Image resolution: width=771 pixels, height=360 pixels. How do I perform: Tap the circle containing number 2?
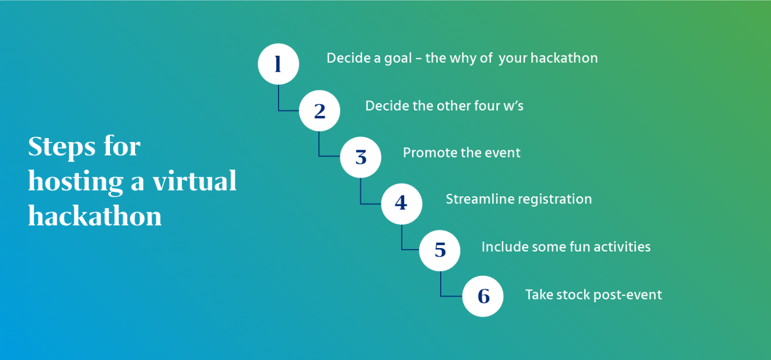[319, 111]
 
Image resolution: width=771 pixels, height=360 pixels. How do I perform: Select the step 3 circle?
[360, 157]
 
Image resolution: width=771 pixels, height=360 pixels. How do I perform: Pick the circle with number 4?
[401, 203]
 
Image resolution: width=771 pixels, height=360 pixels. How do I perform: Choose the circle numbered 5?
[440, 250]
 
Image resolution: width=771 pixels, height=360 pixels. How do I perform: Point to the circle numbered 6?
[482, 296]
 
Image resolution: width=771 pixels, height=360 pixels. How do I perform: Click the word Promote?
[426, 153]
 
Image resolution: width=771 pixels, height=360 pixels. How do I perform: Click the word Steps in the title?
[61, 147]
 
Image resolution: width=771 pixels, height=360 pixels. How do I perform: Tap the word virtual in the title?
[195, 181]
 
